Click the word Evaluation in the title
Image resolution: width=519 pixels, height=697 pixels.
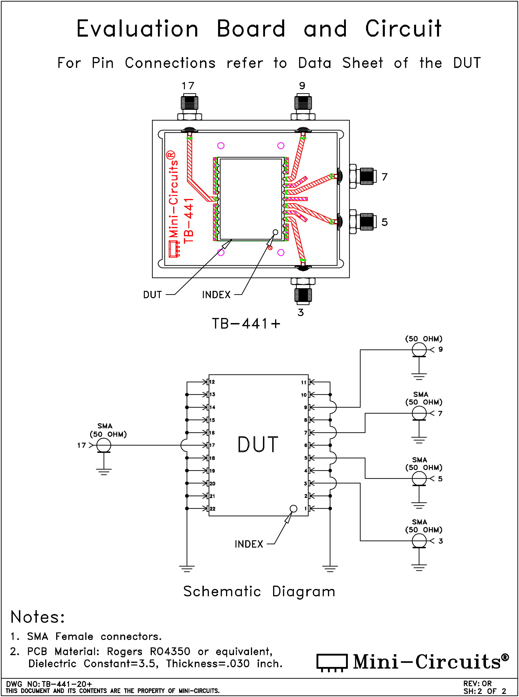137,29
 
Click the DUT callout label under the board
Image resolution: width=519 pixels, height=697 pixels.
152,295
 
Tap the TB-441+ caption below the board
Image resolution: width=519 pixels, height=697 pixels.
246,324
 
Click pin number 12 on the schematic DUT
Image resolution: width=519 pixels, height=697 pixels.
212,382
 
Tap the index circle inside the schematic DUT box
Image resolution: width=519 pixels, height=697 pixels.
293,508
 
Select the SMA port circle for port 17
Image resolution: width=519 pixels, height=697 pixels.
104,445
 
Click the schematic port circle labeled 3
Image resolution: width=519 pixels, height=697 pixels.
419,541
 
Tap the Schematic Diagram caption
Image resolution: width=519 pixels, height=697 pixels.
259,591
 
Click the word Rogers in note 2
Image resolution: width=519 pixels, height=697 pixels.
125,651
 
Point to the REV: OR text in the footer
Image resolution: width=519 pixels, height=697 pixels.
477,684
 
